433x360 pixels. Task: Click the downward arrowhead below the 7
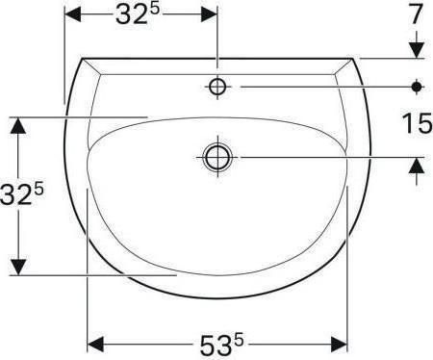(416, 48)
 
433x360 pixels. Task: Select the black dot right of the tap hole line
(416, 87)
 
